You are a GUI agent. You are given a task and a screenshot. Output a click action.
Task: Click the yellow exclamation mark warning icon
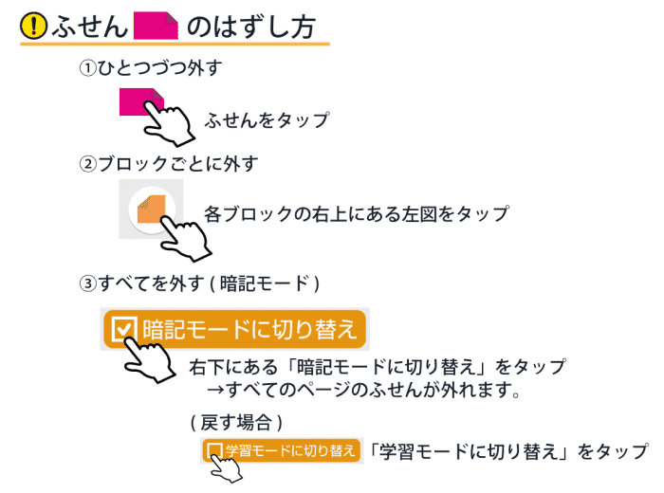pos(34,27)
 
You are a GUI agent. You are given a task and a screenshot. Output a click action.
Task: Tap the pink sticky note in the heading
pos(157,26)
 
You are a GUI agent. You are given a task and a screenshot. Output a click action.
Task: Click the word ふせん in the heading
pos(89,27)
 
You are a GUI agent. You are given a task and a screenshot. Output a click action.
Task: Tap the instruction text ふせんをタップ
pos(267,120)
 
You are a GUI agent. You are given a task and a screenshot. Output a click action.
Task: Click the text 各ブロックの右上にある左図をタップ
pos(356,213)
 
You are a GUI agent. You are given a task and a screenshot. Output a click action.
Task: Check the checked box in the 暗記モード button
pos(124,329)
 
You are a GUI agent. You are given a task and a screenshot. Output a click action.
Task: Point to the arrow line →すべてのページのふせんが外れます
pos(366,390)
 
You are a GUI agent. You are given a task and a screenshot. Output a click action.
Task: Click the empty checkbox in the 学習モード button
pos(214,449)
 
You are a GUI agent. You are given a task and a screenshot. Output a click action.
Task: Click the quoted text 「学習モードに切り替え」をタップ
pos(508,451)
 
